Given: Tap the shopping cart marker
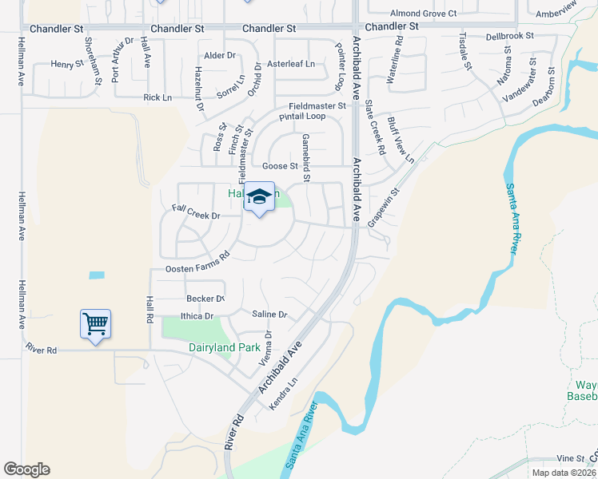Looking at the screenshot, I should tap(95, 324).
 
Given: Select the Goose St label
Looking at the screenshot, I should tap(281, 166).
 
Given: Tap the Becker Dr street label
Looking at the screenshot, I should tap(205, 299).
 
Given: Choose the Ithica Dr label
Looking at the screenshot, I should tap(197, 316).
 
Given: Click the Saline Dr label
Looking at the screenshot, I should tap(269, 315).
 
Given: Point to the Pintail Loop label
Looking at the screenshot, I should tap(302, 117).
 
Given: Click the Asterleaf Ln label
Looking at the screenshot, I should tap(291, 64).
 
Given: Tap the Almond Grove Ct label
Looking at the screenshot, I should tap(423, 14).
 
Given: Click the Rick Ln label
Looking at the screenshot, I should tap(157, 97).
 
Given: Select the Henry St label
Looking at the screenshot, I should tap(67, 64).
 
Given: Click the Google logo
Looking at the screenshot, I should tap(26, 469).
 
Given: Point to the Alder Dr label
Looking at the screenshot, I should tap(220, 55).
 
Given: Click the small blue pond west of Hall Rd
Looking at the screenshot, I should tap(96, 275).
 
